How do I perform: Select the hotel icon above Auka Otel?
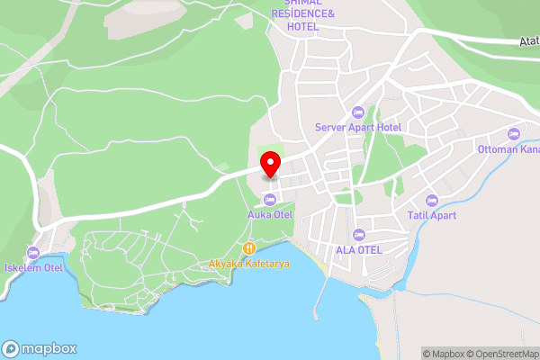(269, 198)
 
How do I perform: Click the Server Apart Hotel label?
(358, 127)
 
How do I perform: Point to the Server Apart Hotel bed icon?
(358, 112)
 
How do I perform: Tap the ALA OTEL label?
(359, 249)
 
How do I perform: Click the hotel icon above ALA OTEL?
(359, 233)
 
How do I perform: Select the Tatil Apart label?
(431, 215)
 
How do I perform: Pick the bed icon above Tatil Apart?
(431, 199)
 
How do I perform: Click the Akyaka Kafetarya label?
(247, 264)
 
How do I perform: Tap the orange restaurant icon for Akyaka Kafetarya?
(247, 247)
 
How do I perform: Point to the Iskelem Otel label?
(33, 267)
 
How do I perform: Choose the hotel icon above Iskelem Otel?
(33, 251)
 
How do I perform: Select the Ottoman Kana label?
(508, 148)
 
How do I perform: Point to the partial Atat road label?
(529, 41)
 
